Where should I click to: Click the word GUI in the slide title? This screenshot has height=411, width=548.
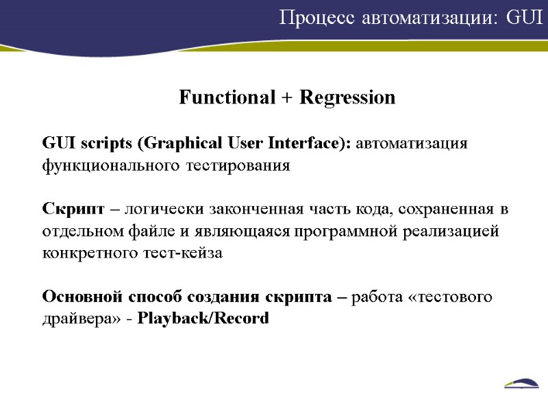[525, 18]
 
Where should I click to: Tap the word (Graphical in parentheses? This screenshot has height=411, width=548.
[180, 144]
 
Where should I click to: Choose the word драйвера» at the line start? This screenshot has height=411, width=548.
[73, 319]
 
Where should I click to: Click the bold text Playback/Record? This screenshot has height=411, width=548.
[203, 319]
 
